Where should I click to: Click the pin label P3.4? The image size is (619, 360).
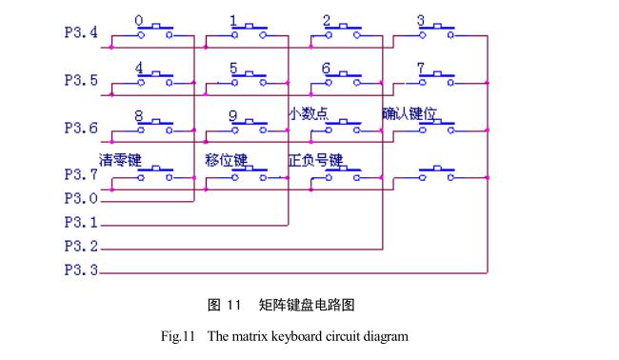point(81,33)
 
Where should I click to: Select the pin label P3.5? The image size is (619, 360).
point(81,81)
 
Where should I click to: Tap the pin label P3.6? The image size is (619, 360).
point(81,128)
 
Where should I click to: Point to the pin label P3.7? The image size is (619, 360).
point(81,174)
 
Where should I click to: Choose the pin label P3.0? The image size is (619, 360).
point(81,199)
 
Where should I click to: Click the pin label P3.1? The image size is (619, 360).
point(81,224)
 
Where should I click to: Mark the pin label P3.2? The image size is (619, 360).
point(81,248)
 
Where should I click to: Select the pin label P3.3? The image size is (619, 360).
point(81,271)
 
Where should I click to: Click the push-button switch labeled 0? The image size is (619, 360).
point(153,32)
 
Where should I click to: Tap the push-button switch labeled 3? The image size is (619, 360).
point(435,32)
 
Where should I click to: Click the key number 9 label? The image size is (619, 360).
point(232,114)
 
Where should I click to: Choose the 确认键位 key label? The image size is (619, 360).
point(409,113)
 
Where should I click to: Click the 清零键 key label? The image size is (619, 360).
point(120,158)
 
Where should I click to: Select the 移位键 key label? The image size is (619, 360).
point(226,158)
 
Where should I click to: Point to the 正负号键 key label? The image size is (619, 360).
point(315,158)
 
